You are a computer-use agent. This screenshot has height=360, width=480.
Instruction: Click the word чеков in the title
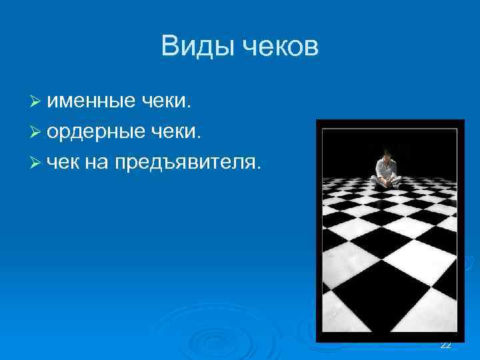coord(280,47)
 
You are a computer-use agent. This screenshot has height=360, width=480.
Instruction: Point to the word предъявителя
coord(185,161)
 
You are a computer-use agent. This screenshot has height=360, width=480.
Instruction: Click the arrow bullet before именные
coord(36,103)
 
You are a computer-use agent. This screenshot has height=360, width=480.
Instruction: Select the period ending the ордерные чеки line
coord(199,137)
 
